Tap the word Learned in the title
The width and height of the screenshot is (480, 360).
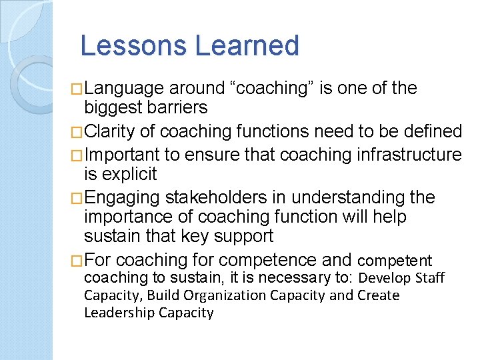247,45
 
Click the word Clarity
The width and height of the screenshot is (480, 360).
111,131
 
